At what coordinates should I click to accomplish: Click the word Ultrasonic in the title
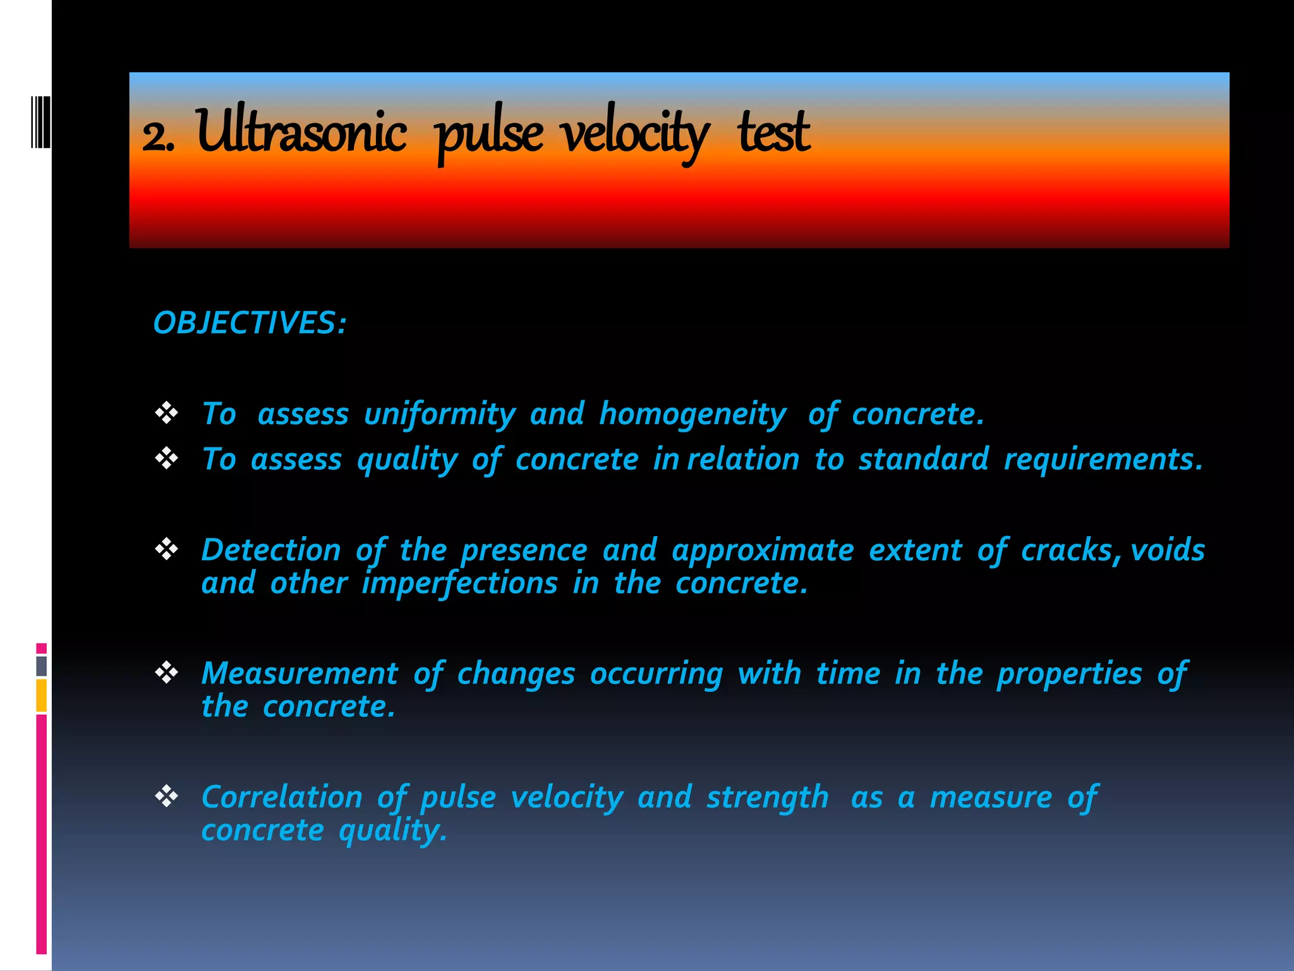click(x=301, y=131)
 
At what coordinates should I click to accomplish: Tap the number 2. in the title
click(x=157, y=136)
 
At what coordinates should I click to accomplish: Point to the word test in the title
click(x=773, y=133)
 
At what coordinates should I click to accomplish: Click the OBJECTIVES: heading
click(x=250, y=323)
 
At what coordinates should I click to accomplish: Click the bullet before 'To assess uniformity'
click(x=167, y=413)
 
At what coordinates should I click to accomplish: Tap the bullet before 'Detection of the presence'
click(x=167, y=549)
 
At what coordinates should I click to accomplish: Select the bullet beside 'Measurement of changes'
click(x=167, y=672)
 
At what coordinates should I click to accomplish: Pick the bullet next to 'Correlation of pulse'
click(x=167, y=796)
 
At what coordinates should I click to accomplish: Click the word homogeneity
click(x=692, y=415)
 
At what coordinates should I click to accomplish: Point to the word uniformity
click(x=440, y=415)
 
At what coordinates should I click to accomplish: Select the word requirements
click(x=1103, y=460)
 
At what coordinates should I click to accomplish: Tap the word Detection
click(x=271, y=550)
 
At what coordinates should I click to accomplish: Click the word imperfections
click(x=459, y=583)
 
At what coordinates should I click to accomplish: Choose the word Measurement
click(x=299, y=673)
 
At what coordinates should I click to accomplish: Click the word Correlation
click(x=282, y=797)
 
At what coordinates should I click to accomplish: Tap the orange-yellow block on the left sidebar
click(x=41, y=695)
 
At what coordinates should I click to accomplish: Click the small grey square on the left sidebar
click(x=41, y=666)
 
